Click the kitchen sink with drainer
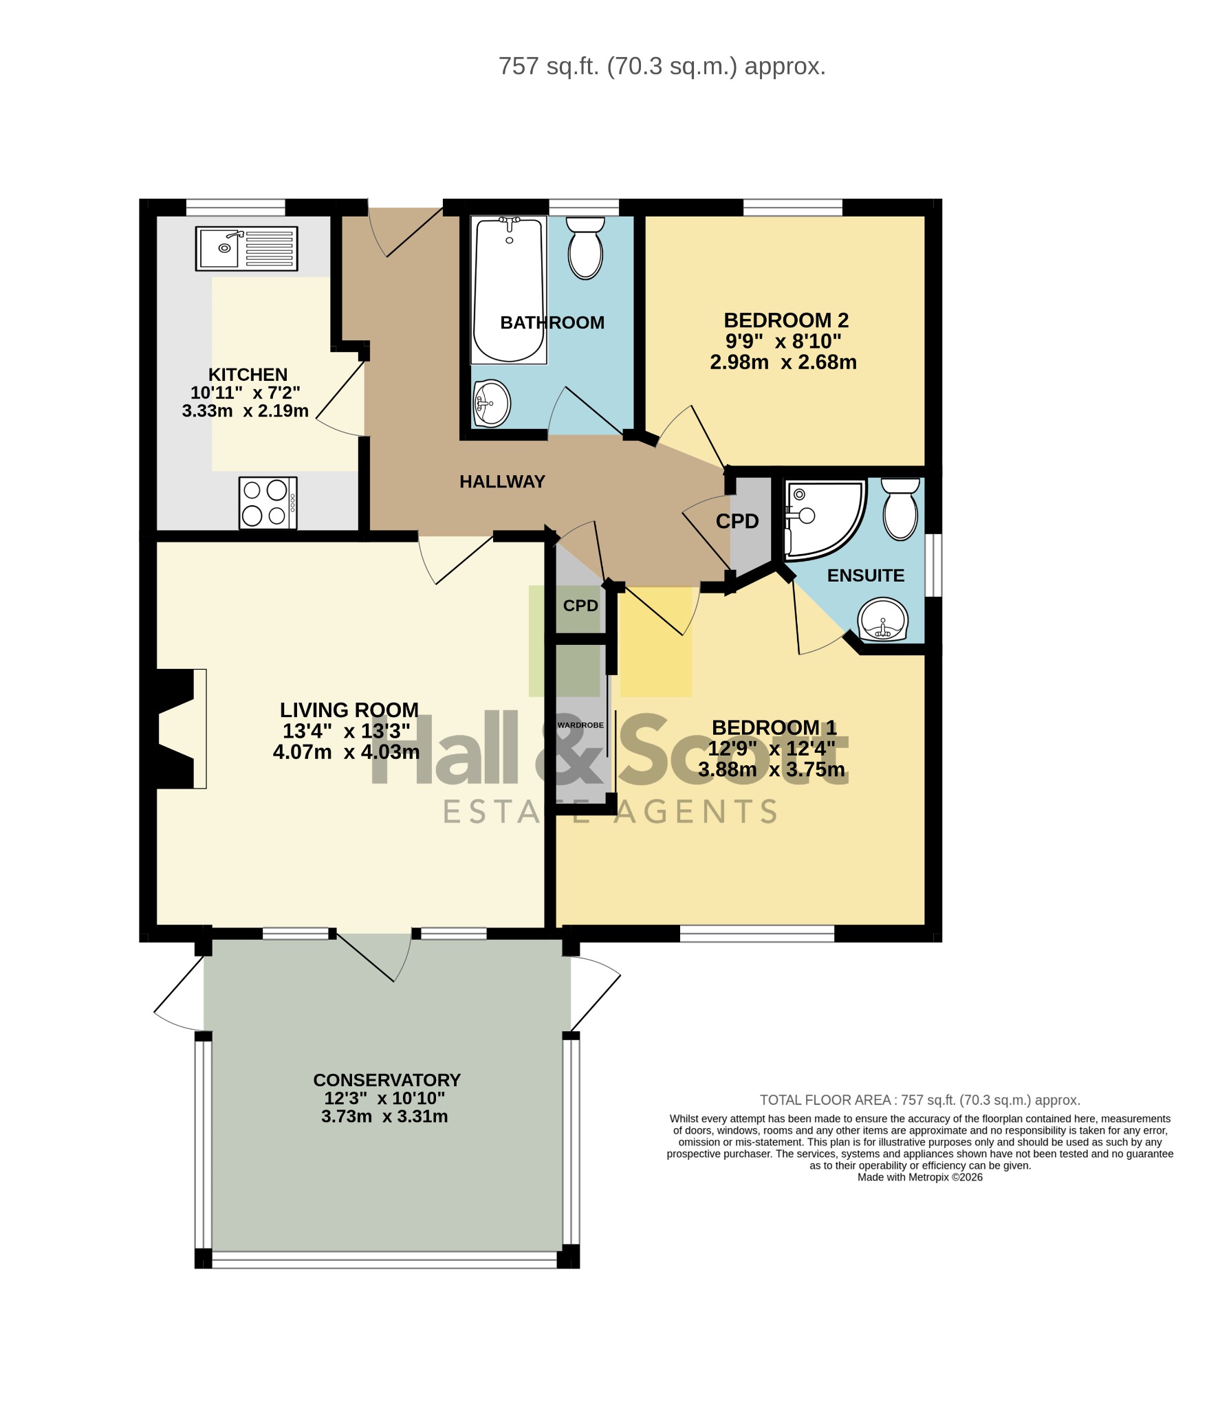tap(246, 249)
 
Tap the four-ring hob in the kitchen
tap(268, 503)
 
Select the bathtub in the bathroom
tap(509, 289)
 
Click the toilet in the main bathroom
tap(585, 247)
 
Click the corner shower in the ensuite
tap(824, 520)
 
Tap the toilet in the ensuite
tap(900, 509)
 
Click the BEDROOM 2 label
tap(786, 320)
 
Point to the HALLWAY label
tap(502, 481)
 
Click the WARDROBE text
tap(581, 725)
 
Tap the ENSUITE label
tap(866, 575)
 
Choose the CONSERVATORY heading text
tap(386, 1079)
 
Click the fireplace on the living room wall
tap(177, 728)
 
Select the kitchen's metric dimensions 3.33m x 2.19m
tap(246, 411)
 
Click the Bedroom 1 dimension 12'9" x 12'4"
tap(772, 748)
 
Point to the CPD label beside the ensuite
tap(737, 521)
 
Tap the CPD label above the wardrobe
tap(580, 606)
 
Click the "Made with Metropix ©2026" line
tap(919, 1178)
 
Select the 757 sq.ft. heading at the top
tap(662, 67)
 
